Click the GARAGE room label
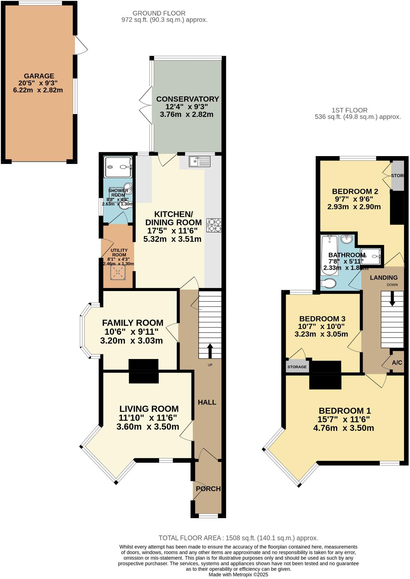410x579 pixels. point(39,76)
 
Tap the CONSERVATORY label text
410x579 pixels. point(187,99)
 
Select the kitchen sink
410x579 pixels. point(200,161)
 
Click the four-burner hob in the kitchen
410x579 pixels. point(214,225)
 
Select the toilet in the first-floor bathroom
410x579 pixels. point(328,283)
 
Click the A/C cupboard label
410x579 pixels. point(397,363)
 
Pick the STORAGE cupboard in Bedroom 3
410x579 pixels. point(297,367)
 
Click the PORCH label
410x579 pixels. point(208,489)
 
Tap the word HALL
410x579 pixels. point(207,402)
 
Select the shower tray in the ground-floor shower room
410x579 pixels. point(118,167)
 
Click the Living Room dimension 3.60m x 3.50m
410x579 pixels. point(148,427)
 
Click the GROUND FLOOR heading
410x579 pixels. point(159,13)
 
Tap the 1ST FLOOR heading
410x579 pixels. point(349,110)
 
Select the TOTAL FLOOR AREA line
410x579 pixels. point(238,538)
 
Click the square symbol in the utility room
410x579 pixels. point(118,272)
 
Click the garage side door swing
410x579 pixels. point(81,45)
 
